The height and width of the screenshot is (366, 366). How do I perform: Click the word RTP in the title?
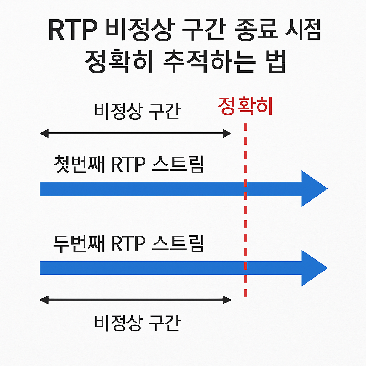coord(73,30)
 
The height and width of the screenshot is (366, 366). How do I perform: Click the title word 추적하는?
coord(209,61)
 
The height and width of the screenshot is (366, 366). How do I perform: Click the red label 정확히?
coord(245,106)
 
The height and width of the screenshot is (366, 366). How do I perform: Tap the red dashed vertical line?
coord(246,209)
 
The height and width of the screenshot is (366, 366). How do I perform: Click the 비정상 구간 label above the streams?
coord(138,112)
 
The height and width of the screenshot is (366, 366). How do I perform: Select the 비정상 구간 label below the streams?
coord(138,323)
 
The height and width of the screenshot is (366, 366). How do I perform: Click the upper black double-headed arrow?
coord(135,134)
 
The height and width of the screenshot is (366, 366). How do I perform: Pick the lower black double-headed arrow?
coord(135,300)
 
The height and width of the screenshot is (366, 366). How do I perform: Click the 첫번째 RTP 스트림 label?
coord(129,164)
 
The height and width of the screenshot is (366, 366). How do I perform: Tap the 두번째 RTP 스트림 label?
coord(129,243)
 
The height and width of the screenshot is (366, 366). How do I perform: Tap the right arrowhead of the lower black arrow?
coord(227,300)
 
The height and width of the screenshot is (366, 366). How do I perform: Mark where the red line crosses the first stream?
coord(246,189)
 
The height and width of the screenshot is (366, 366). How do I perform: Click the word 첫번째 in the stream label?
coord(79,164)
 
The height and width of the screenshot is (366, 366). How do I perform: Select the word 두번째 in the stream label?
coord(79,243)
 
